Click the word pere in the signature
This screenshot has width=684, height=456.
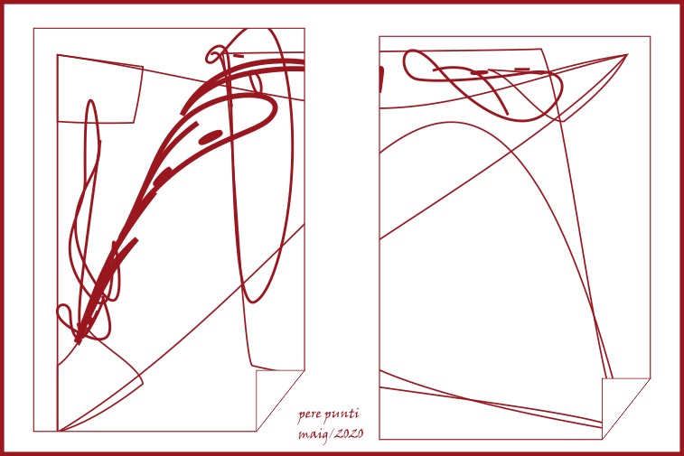click(309, 415)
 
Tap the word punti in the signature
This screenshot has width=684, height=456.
click(342, 414)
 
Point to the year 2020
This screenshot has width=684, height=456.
click(350, 433)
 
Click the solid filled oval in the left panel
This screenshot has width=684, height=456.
click(211, 136)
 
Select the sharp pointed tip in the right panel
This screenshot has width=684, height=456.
click(627, 55)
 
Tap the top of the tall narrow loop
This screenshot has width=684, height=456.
click(90, 101)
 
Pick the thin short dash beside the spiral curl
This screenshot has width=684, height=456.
click(238, 56)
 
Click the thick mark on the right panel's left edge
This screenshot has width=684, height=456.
click(381, 79)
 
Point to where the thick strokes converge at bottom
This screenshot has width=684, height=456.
click(79, 340)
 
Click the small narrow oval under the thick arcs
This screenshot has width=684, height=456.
click(255, 83)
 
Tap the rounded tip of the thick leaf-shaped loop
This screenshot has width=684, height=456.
click(274, 106)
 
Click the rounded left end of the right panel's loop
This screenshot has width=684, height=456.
click(406, 64)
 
